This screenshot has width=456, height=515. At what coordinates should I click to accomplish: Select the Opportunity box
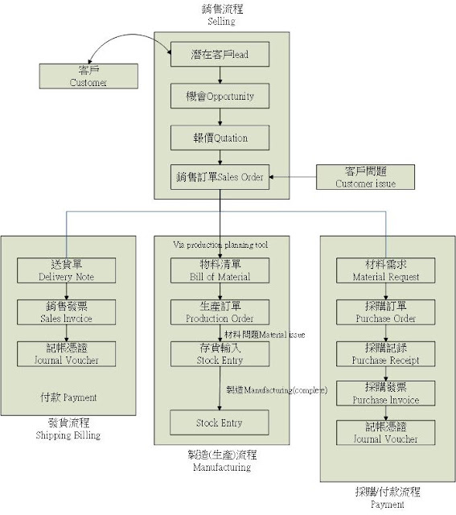(x=220, y=96)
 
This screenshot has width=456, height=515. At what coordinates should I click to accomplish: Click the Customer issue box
(x=366, y=177)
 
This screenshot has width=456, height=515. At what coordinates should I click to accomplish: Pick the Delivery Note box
(x=66, y=270)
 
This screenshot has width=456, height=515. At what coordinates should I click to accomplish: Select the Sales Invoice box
(x=66, y=312)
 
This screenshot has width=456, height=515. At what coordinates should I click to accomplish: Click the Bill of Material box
(x=220, y=270)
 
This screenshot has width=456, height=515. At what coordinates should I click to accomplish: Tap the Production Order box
(x=220, y=312)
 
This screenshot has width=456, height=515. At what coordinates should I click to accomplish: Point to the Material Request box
(x=386, y=270)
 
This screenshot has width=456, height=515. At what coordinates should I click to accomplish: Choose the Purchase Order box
(x=386, y=312)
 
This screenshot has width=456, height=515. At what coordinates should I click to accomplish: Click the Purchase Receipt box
(x=386, y=354)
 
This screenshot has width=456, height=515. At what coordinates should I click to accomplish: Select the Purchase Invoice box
(x=386, y=393)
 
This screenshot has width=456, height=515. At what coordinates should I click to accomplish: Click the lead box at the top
(x=220, y=54)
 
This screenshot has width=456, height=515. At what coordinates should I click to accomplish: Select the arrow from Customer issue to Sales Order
(x=294, y=177)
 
